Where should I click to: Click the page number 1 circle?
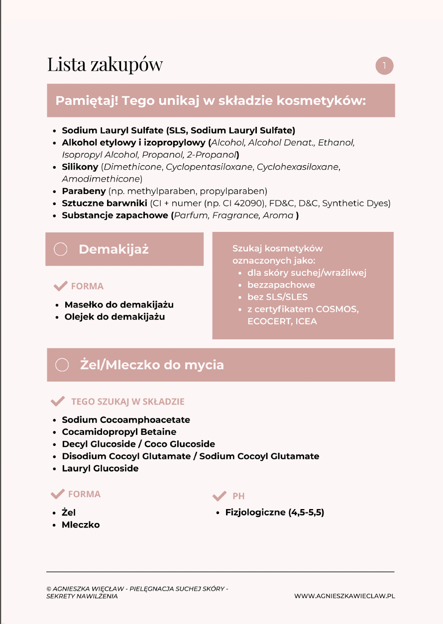click(384, 66)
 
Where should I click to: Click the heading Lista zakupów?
click(105, 65)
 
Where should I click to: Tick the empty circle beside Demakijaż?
click(60, 249)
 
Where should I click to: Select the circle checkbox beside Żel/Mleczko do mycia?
click(62, 365)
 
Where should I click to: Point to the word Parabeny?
click(83, 191)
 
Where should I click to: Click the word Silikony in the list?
click(80, 167)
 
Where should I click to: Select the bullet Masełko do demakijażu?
click(119, 305)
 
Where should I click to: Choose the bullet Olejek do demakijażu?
click(114, 316)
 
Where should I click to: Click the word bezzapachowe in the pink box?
click(281, 285)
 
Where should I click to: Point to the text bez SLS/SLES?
click(277, 297)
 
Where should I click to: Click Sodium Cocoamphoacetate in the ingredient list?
click(126, 420)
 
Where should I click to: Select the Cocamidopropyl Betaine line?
click(119, 432)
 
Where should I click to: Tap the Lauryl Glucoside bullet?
click(100, 468)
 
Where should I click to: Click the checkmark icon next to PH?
click(219, 496)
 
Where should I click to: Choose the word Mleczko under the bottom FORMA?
click(81, 524)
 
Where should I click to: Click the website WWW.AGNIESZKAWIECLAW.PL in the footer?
click(344, 596)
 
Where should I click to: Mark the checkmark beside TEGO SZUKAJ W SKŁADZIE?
click(58, 401)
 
